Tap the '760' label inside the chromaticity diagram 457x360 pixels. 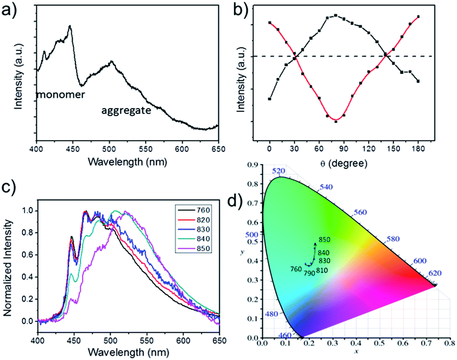coord(296,269)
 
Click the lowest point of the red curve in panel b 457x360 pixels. coord(336,121)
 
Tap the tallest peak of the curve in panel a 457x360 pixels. coord(70,26)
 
